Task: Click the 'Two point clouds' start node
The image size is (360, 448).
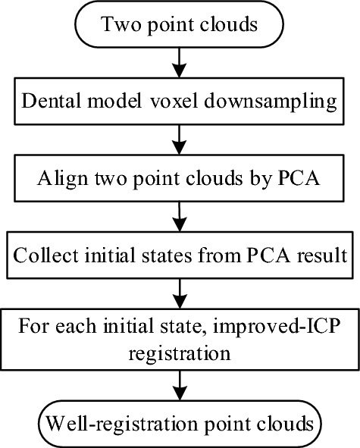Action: [180, 23]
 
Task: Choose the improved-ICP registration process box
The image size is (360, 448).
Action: [180, 341]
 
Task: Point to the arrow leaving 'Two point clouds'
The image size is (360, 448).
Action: [180, 60]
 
